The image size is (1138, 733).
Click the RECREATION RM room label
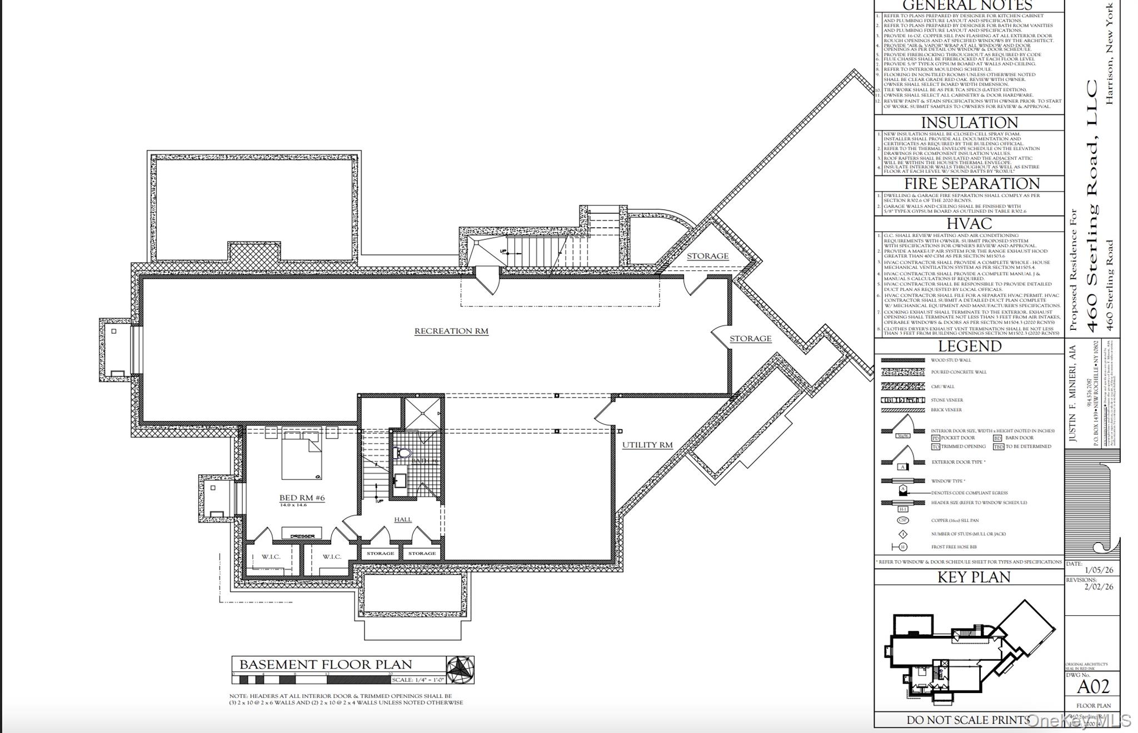click(451, 331)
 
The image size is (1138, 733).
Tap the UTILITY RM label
click(647, 445)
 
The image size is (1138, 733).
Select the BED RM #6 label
click(302, 498)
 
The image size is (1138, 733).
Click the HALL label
click(403, 519)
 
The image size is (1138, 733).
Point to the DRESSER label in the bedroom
click(302, 536)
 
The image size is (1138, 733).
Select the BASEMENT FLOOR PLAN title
click(326, 665)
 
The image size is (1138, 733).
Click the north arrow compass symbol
click(461, 670)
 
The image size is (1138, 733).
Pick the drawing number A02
click(1093, 687)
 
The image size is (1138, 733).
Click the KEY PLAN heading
click(974, 578)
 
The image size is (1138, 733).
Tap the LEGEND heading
click(970, 347)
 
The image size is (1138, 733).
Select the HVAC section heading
click(969, 224)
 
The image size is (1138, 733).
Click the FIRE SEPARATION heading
click(972, 184)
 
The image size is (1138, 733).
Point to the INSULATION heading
click(969, 123)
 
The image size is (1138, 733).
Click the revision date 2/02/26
click(1099, 587)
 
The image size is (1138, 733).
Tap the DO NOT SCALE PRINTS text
click(967, 720)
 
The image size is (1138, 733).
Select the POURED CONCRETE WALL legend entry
click(959, 372)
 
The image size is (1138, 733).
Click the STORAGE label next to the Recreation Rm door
click(750, 339)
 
